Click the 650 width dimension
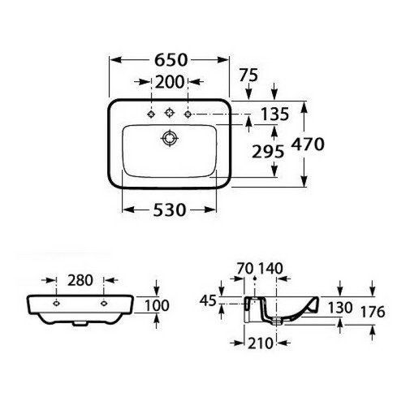[170, 60]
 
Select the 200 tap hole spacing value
[170, 80]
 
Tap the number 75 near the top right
[250, 75]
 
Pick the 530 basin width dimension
[170, 210]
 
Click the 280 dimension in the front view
[79, 281]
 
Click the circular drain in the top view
[170, 139]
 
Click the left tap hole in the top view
[151, 114]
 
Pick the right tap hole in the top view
[188, 114]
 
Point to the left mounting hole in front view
[55, 303]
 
